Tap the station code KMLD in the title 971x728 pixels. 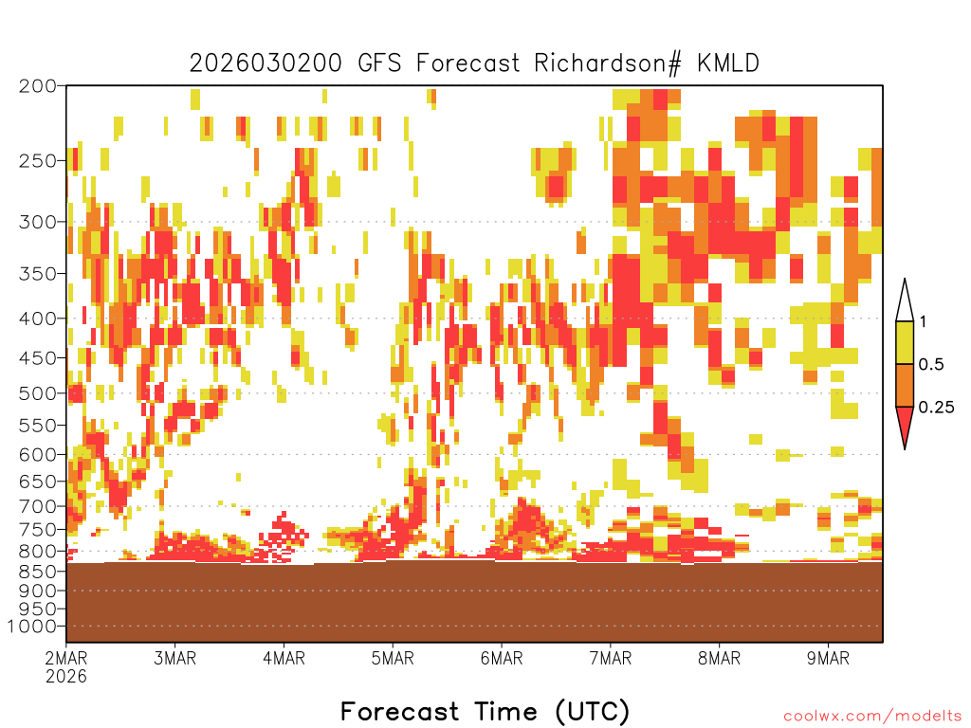tap(728, 64)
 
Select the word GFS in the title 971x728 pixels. tap(379, 64)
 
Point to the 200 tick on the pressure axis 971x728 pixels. tap(38, 86)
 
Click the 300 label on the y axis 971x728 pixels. tap(38, 222)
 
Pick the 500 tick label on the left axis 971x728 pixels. tap(38, 393)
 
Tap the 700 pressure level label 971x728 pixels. tap(38, 506)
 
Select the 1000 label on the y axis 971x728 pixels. tap(33, 627)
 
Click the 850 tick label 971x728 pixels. tap(38, 572)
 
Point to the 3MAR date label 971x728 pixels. tap(175, 658)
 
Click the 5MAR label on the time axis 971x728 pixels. tap(393, 658)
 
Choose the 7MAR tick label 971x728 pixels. tap(611, 658)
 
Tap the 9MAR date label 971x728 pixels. tap(829, 658)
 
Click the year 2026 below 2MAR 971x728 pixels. tap(66, 677)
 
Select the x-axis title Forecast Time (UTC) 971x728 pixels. tap(485, 712)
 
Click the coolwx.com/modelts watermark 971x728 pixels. tap(872, 717)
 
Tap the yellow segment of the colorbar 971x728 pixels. tap(905, 342)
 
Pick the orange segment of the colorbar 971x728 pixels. tap(905, 385)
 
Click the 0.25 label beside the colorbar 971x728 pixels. tap(936, 407)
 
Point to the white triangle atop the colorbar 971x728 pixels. tap(905, 303)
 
